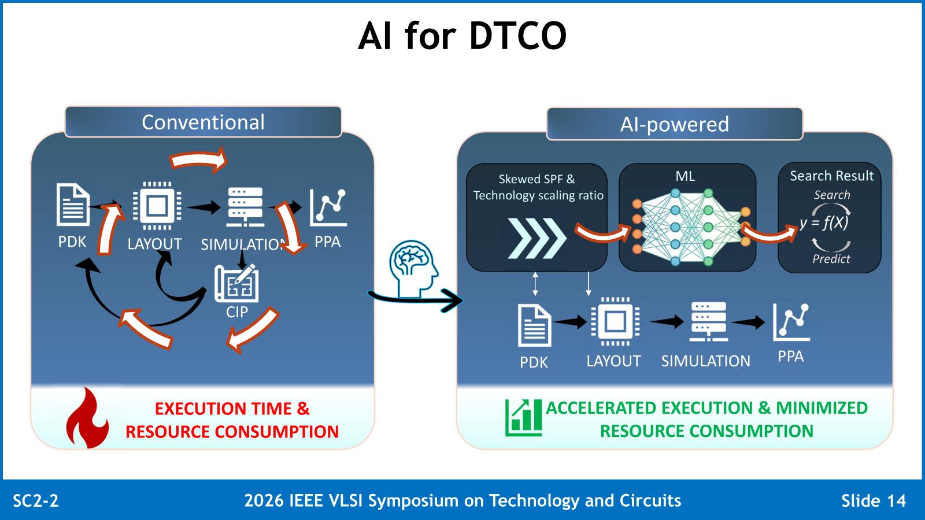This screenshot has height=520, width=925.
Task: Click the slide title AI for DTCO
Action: point(462,36)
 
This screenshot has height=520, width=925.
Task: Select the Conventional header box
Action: point(203,122)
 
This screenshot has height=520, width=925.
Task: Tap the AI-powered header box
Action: point(675,124)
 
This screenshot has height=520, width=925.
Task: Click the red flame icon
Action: point(87,418)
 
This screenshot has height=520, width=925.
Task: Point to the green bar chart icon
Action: point(524,418)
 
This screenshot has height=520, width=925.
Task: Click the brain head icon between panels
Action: point(413,268)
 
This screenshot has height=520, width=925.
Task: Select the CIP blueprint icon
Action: point(236,283)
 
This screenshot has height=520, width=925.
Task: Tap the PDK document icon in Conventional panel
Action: point(73,205)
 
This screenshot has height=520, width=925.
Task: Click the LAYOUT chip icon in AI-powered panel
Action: point(615,321)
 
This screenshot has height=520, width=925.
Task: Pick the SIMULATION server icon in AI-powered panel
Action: point(708,322)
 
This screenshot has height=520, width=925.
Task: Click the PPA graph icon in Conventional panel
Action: point(329,207)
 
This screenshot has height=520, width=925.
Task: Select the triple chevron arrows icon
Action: point(537,239)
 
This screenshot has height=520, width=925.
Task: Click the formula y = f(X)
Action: point(824,223)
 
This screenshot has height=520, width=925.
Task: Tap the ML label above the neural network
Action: point(685,176)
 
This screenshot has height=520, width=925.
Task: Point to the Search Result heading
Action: point(832,176)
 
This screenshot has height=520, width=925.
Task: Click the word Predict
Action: point(831,259)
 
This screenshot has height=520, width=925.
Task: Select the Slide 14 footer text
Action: point(874,500)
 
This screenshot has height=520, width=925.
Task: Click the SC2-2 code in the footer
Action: point(36,501)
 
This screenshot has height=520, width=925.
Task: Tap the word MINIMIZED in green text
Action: point(822,408)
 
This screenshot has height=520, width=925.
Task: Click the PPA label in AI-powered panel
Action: point(791,356)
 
